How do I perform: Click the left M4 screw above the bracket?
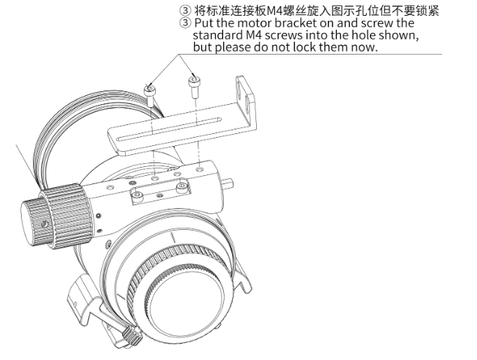click(x=151, y=95)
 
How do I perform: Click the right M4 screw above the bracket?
click(x=194, y=87)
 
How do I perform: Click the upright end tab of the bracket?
click(x=246, y=100)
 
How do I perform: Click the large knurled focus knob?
click(x=67, y=215)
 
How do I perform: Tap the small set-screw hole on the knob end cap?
click(x=44, y=225)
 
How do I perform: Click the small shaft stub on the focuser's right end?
click(x=229, y=183)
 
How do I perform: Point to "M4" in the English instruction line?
click(x=253, y=35)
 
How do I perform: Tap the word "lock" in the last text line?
click(x=305, y=47)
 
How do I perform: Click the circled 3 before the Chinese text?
click(x=185, y=11)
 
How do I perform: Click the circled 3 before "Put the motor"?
click(x=185, y=23)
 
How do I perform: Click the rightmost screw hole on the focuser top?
click(x=199, y=168)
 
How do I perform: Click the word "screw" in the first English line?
click(x=377, y=24)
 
